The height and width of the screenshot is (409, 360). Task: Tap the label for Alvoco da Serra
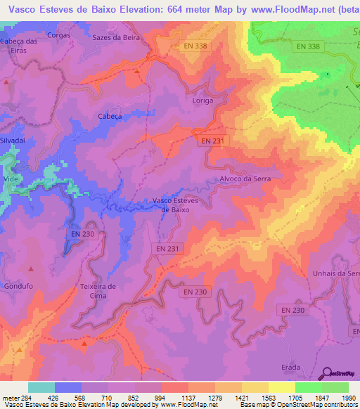245,179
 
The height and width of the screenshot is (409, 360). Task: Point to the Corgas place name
58,34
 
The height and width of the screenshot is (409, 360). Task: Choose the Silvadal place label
13,141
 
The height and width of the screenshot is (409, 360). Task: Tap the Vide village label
11,179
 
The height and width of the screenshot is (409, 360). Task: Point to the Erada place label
290,367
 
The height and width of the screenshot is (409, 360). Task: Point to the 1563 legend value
269,397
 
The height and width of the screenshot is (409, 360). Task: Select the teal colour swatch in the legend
41,387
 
